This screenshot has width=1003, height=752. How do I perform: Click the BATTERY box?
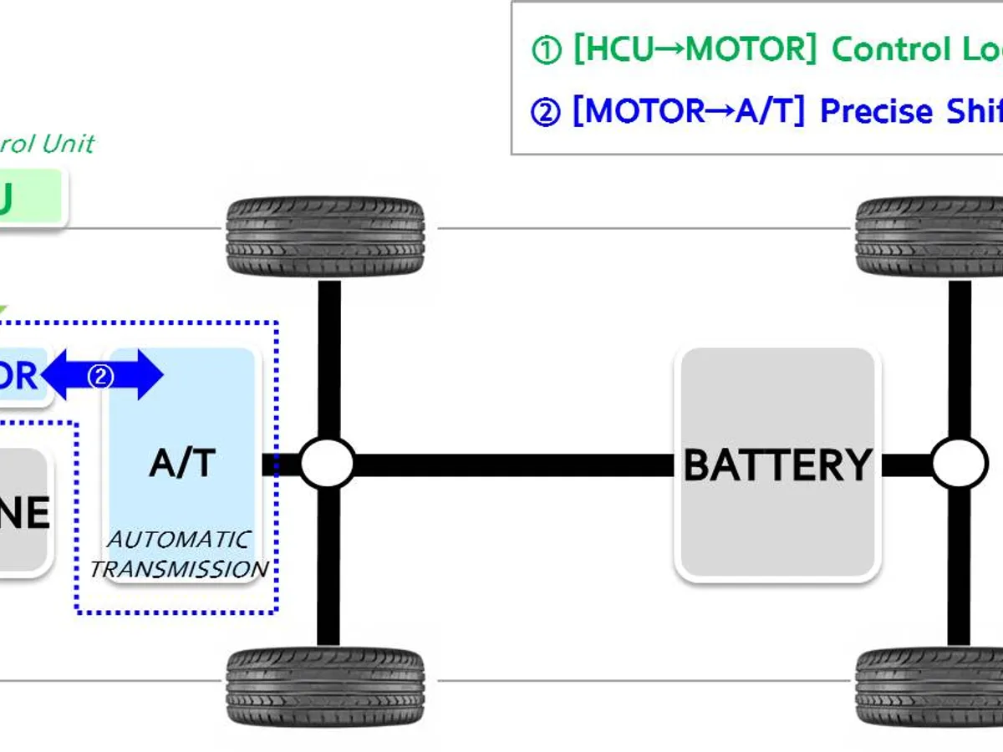coord(777,465)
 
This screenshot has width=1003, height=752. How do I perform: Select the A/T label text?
coord(182,463)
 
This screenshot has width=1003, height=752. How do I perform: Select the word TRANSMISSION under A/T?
coord(179,570)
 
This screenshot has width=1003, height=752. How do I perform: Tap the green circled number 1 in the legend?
coord(546,51)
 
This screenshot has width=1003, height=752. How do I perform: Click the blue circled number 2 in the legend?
coord(546,112)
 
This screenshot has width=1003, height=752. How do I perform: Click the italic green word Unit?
coord(67,144)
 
